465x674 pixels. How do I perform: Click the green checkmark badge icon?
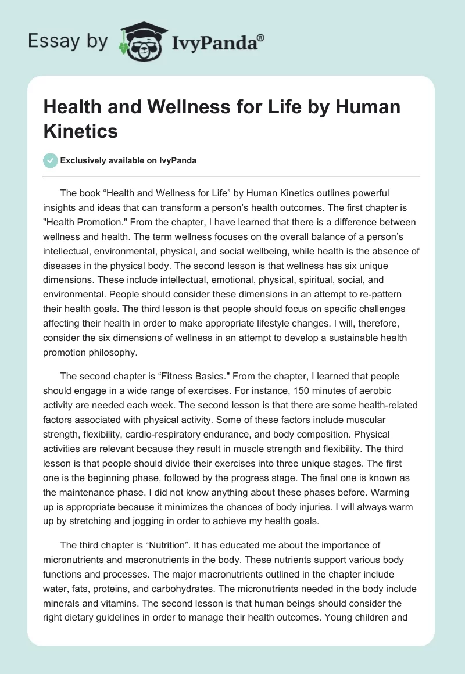tap(51, 160)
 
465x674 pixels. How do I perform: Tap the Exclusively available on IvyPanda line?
tap(128, 161)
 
